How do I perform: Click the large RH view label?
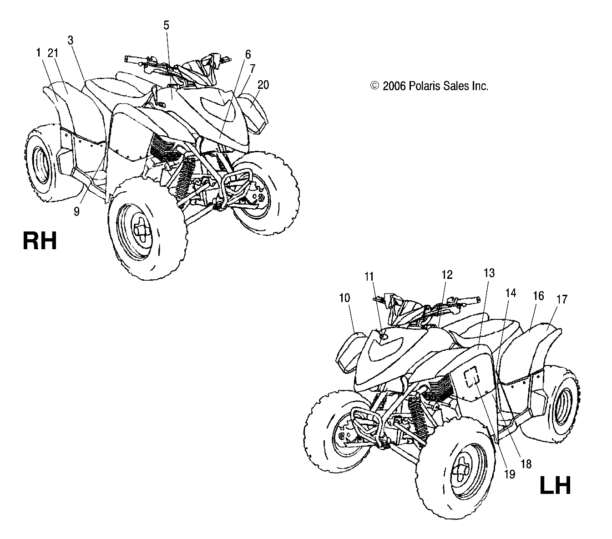pos(40,241)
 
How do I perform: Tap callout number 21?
pos(53,53)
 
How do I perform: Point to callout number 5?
pos(166,26)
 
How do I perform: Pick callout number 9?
pos(76,211)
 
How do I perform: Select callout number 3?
pos(71,40)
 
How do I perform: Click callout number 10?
pos(344,298)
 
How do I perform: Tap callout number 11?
pos(369,276)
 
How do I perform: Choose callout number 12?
pos(447,275)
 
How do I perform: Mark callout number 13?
pos(489,273)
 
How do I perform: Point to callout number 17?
pos(562,299)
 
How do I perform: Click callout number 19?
pos(509,474)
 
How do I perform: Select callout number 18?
pos(526,464)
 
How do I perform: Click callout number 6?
pos(248,54)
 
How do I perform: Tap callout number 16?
pos(538,296)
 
